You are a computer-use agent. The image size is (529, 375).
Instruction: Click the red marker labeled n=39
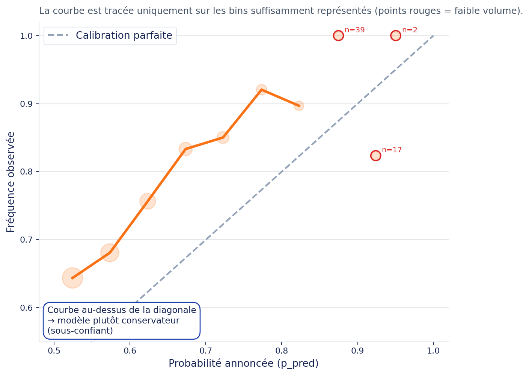point(338,36)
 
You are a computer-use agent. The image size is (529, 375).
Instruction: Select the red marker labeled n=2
point(395,36)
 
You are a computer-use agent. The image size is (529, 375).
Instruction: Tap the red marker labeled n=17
point(375,156)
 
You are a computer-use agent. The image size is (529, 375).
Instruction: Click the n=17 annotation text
point(392,150)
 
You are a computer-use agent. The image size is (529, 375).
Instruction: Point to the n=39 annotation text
point(354,30)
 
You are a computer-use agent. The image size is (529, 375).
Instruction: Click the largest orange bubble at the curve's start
point(72,278)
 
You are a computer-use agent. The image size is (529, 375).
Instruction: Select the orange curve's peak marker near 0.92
point(261,90)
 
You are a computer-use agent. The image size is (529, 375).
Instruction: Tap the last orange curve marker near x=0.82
point(299,106)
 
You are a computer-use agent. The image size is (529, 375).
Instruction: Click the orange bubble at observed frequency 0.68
point(110,253)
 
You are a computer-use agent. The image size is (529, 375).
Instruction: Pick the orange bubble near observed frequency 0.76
point(148,201)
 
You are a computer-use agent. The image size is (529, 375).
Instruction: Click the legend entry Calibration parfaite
point(124,36)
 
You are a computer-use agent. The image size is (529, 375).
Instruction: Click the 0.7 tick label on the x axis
point(206,351)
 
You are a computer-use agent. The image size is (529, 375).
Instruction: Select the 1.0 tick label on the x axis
point(433,351)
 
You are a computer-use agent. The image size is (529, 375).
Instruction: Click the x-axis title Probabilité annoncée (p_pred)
point(243,364)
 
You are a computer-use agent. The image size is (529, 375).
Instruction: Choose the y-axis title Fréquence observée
point(11,182)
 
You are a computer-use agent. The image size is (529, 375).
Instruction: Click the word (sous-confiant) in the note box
point(80,331)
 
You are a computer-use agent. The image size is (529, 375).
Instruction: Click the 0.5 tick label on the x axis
point(54,351)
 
